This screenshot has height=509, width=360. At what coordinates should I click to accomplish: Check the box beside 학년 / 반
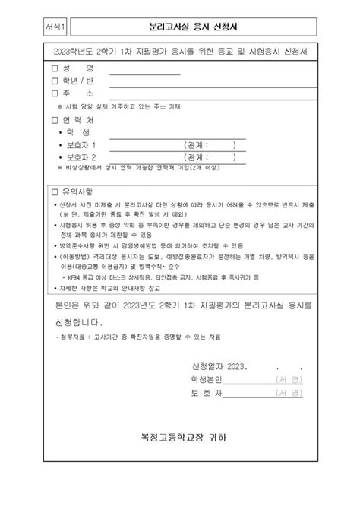(x=54, y=81)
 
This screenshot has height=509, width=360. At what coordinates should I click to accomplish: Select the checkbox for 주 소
(x=54, y=93)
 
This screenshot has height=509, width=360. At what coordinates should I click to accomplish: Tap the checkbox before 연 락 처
(x=54, y=120)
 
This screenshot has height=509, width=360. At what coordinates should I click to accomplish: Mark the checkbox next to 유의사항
(x=54, y=191)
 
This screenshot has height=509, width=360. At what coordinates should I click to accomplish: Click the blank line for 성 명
(x=145, y=71)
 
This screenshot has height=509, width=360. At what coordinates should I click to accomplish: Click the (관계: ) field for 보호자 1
(x=210, y=144)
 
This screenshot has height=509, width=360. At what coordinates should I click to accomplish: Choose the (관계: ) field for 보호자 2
(x=210, y=157)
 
